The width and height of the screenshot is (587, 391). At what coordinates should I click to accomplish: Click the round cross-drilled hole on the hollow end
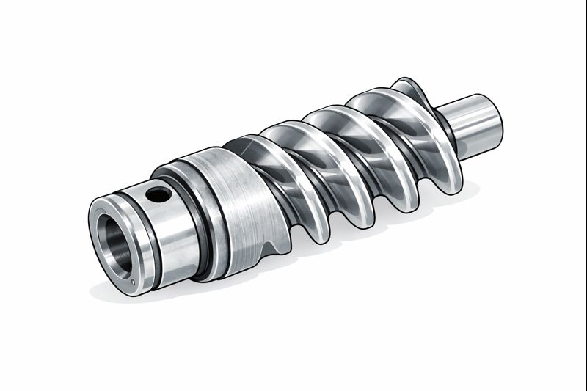point(158,194)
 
